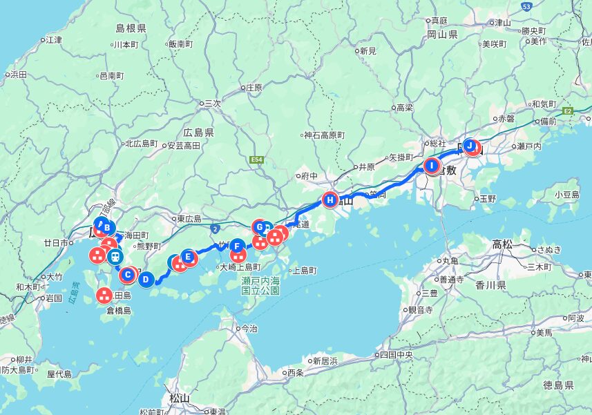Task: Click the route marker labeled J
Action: click(x=471, y=146)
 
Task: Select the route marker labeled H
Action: click(x=330, y=201)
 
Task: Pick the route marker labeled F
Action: click(x=237, y=245)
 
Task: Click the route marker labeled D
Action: click(x=146, y=280)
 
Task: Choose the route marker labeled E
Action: click(x=188, y=258)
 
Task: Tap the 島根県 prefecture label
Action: click(x=131, y=28)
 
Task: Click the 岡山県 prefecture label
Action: click(x=443, y=34)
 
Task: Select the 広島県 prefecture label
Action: click(x=198, y=132)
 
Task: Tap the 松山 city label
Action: click(x=179, y=398)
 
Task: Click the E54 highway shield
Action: click(x=257, y=160)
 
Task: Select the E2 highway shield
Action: click(x=568, y=110)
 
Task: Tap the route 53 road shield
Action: click(x=526, y=6)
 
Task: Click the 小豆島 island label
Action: click(x=566, y=195)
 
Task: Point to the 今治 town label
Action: click(x=247, y=329)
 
